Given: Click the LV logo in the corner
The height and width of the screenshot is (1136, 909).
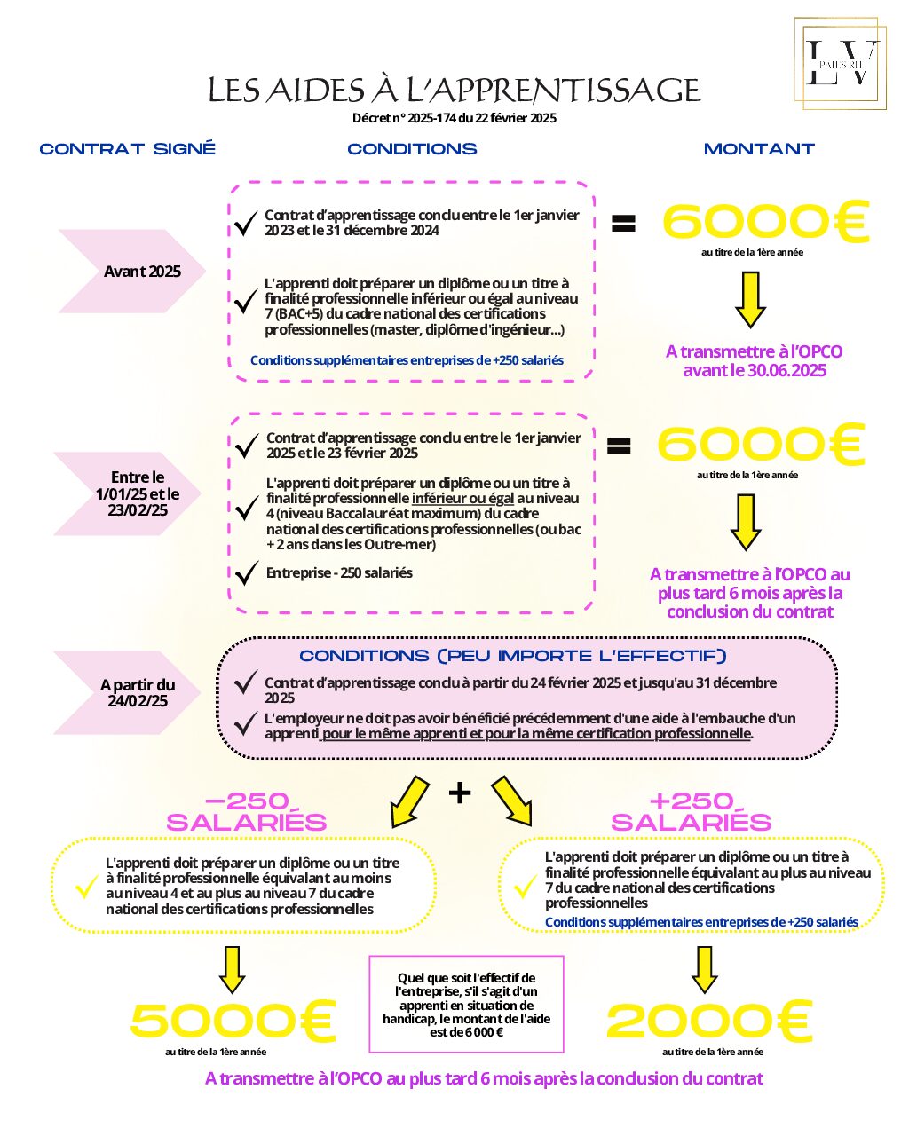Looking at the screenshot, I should click(840, 63).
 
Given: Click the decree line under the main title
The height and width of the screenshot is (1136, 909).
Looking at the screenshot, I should click(454, 118).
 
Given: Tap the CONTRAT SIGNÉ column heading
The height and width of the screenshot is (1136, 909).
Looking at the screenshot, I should click(128, 149).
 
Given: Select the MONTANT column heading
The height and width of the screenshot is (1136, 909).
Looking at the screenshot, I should click(759, 149).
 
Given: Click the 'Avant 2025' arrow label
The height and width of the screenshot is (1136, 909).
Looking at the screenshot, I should click(142, 272).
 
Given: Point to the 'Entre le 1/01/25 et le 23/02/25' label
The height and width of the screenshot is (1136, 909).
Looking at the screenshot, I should click(138, 493).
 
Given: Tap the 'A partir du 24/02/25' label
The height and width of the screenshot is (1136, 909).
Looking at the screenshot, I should click(138, 692).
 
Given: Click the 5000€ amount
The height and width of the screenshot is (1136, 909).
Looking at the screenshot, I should click(233, 1021).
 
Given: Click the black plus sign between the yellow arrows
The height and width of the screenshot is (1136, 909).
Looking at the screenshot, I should click(460, 792).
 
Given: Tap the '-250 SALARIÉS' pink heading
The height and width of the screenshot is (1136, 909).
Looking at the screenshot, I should click(247, 812).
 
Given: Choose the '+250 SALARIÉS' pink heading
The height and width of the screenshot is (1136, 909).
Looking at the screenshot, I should click(692, 812).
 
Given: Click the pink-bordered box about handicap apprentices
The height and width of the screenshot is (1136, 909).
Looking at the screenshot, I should click(466, 1003).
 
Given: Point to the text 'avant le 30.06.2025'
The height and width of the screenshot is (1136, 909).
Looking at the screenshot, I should click(754, 370).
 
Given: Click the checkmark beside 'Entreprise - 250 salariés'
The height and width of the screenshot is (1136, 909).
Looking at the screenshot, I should click(247, 573).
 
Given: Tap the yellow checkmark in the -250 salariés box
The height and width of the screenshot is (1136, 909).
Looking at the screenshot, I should click(86, 886).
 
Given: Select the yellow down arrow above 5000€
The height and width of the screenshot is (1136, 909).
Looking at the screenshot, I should click(232, 969).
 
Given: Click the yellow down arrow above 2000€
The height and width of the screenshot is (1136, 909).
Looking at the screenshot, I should click(704, 969).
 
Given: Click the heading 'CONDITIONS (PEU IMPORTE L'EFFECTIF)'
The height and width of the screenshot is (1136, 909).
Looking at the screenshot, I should click(513, 656).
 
